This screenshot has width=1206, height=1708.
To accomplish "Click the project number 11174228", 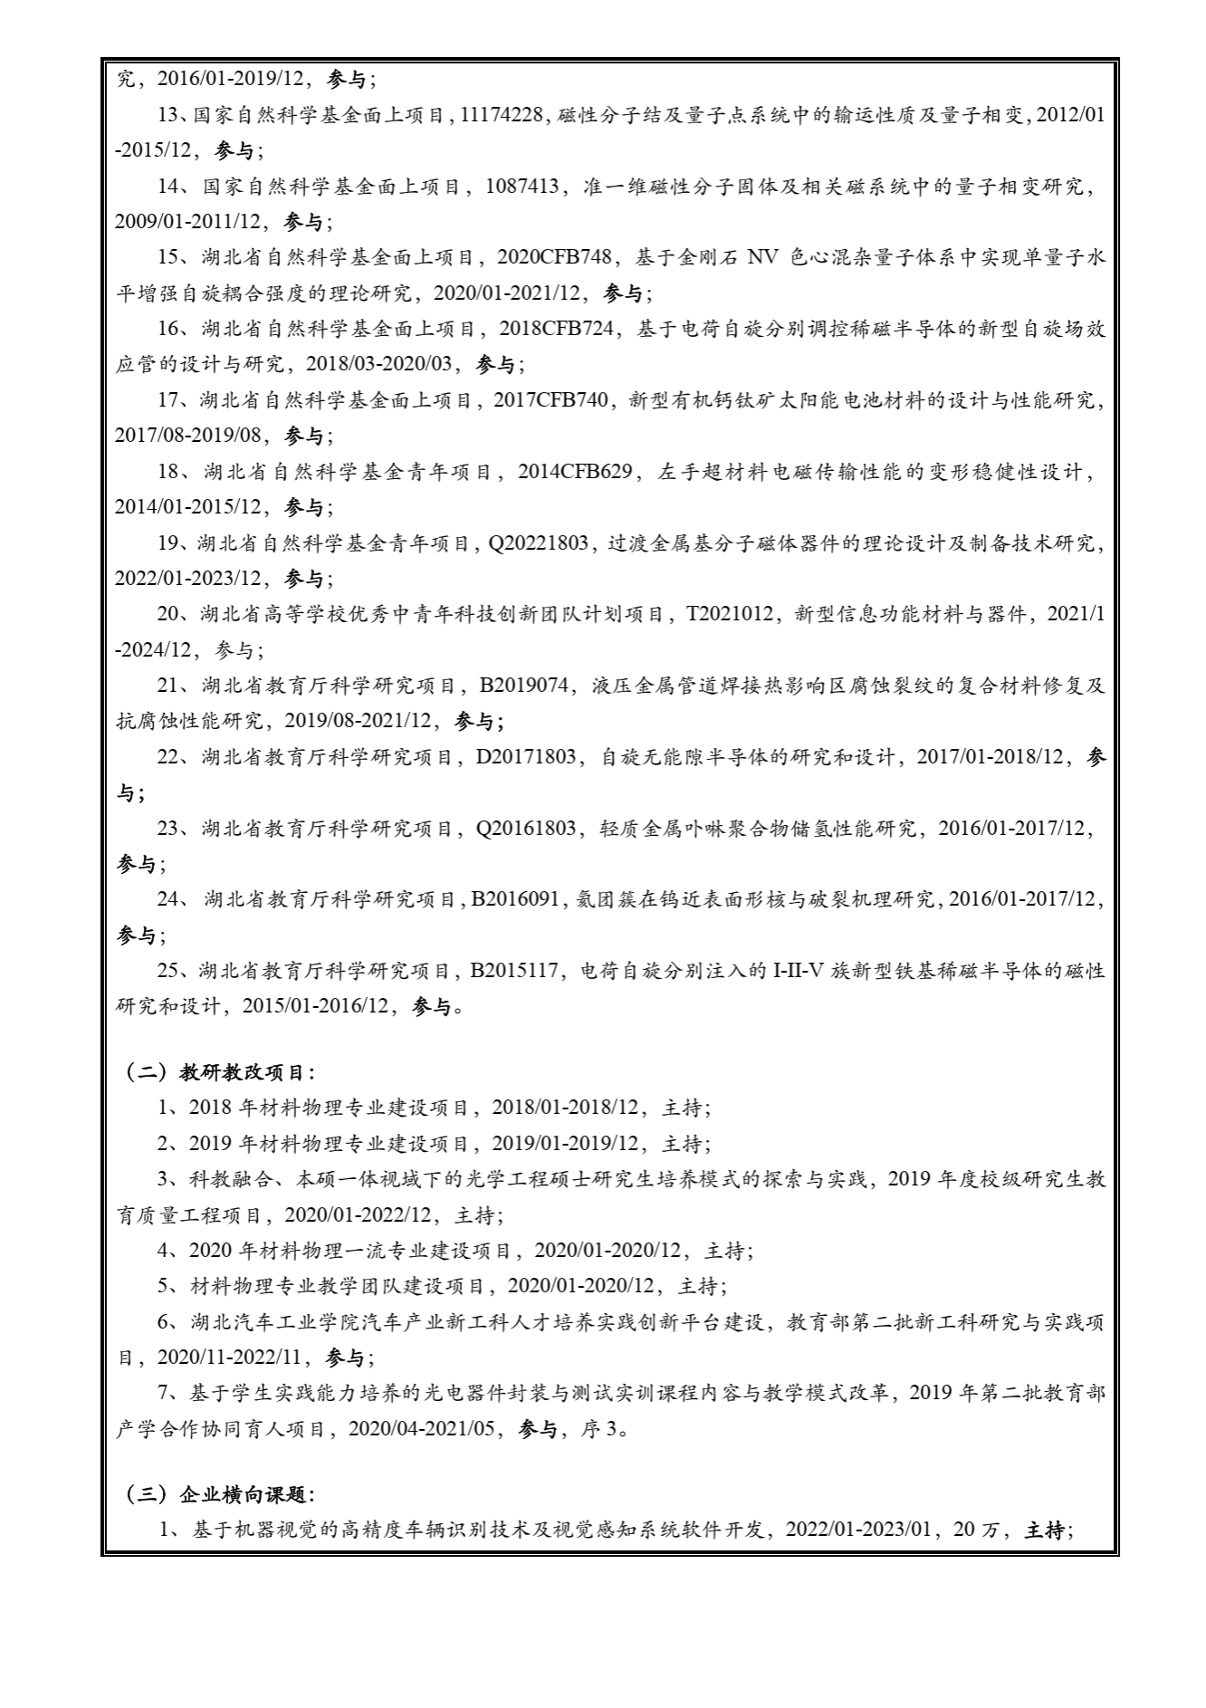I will (x=502, y=115).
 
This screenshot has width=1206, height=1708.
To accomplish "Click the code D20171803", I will (x=526, y=757).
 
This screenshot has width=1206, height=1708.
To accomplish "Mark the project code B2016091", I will (x=513, y=899).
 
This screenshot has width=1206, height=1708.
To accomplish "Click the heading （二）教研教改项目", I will (x=219, y=1072).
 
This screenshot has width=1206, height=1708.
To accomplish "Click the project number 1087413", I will (x=524, y=187).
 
